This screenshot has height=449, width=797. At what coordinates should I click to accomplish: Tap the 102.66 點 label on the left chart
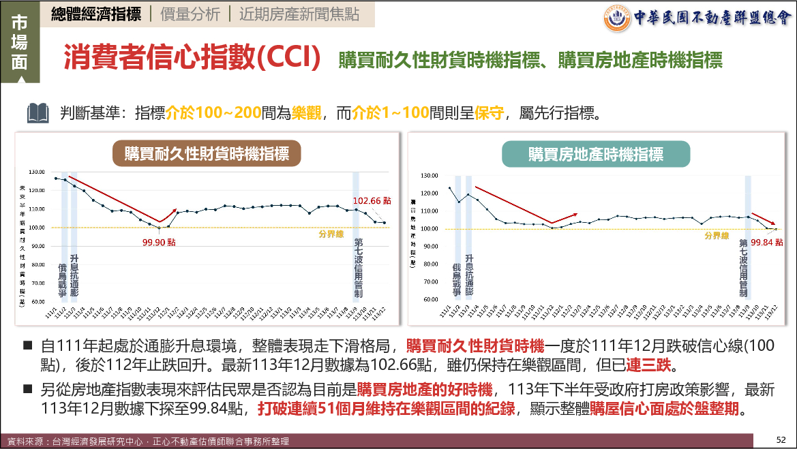(x=372, y=201)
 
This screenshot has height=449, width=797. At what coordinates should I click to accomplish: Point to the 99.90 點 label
(x=159, y=241)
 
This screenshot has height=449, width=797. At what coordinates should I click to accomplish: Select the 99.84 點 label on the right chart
(x=767, y=243)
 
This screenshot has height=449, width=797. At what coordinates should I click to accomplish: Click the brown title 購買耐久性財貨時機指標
(x=207, y=154)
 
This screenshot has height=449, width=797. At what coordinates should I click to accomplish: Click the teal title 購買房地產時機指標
(x=595, y=154)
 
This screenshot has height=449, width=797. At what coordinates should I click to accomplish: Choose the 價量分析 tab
(x=191, y=14)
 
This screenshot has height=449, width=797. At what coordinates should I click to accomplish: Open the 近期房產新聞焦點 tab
(x=299, y=14)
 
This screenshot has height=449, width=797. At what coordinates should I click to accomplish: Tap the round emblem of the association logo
(x=616, y=18)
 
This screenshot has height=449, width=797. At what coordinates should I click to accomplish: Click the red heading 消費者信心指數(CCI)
(x=192, y=58)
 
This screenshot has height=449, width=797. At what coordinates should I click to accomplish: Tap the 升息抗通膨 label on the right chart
(x=469, y=277)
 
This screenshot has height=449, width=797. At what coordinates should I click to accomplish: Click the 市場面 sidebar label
(x=20, y=42)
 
